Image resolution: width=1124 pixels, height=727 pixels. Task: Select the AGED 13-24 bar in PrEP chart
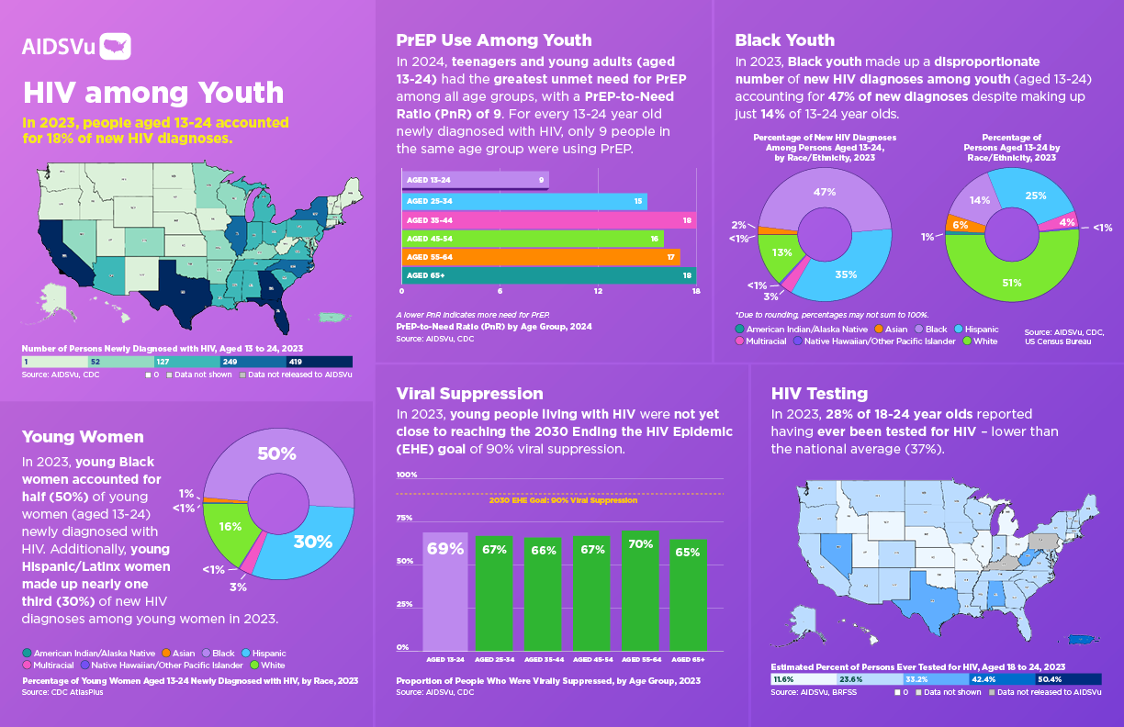(x=474, y=180)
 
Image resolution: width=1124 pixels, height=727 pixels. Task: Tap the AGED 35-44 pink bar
(x=548, y=220)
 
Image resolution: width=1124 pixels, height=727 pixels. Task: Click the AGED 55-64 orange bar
(x=540, y=257)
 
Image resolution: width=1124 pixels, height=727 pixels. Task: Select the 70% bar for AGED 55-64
(x=640, y=588)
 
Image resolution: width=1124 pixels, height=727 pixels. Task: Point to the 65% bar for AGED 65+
(x=688, y=593)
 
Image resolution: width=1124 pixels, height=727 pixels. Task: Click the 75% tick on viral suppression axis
(x=404, y=519)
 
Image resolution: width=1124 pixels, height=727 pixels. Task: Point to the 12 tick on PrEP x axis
(x=598, y=292)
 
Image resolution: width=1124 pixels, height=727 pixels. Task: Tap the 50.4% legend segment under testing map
(x=1068, y=679)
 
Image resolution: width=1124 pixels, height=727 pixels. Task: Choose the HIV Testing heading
(x=819, y=394)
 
